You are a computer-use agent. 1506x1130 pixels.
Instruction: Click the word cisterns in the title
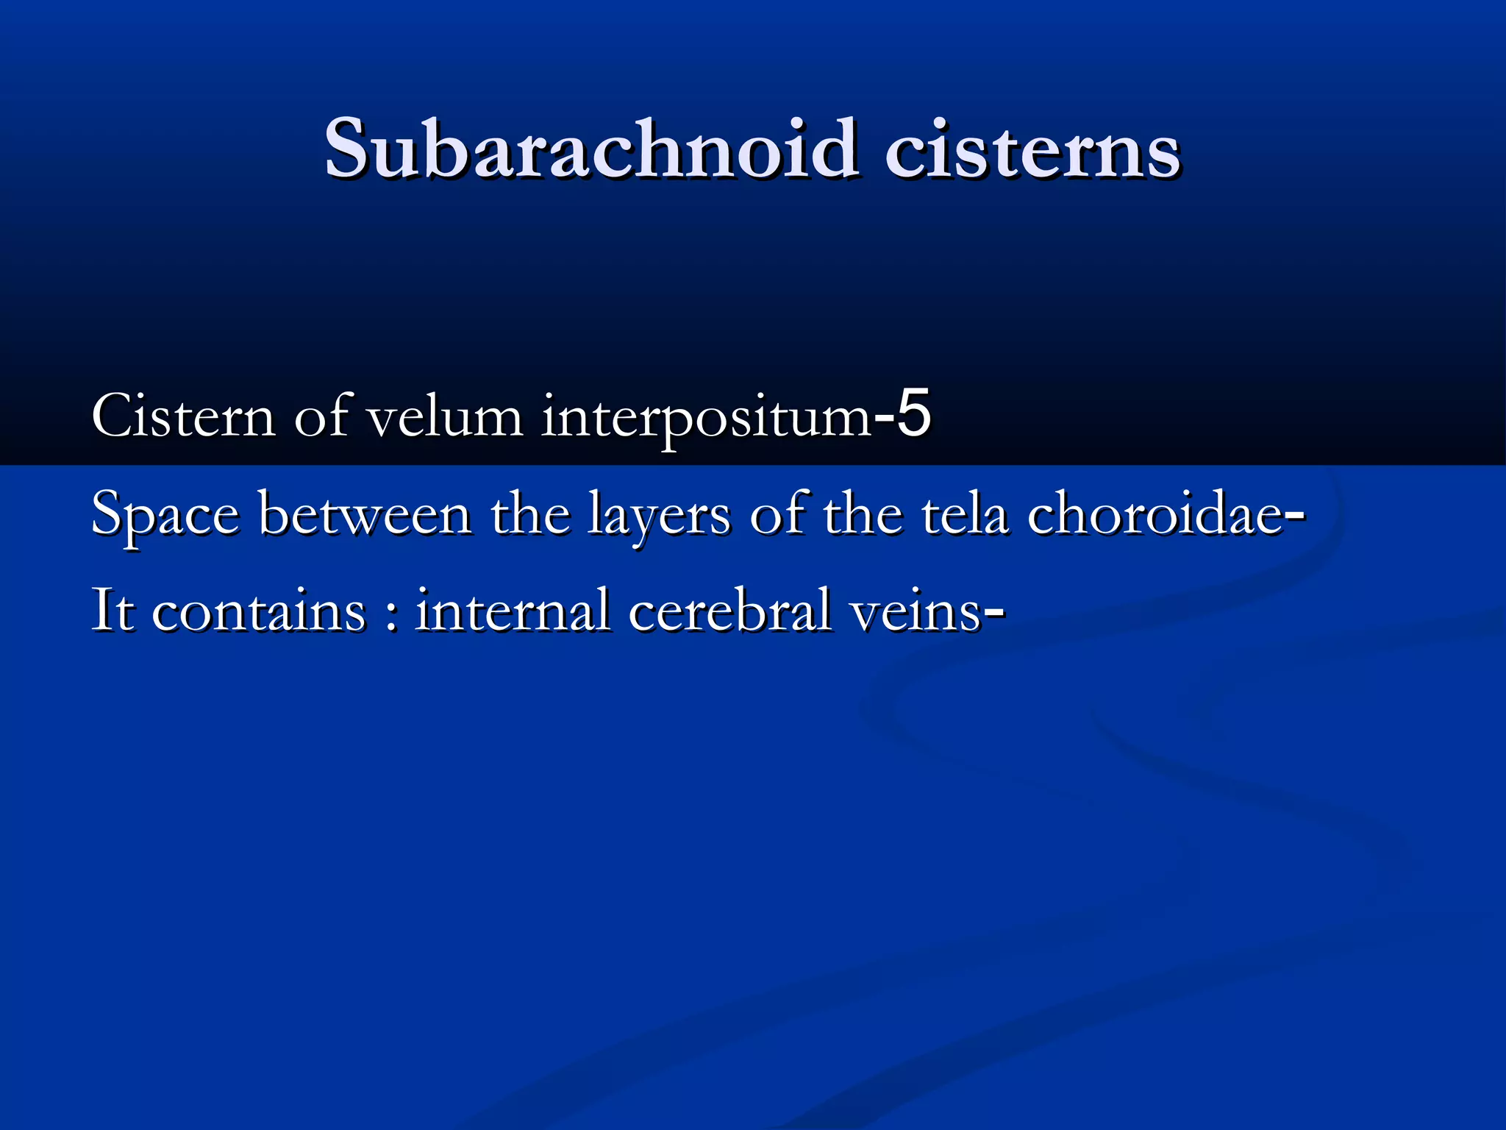pos(1032,151)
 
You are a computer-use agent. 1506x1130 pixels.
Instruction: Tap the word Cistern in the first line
pos(183,416)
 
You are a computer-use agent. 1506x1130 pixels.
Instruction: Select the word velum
pos(445,416)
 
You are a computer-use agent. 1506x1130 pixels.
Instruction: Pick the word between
pos(365,514)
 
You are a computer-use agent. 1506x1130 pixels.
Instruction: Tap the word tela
pos(964,514)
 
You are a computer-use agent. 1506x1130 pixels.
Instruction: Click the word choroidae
pos(1155,514)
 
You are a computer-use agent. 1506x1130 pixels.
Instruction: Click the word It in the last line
pos(113,610)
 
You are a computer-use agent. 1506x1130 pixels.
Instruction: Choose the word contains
pos(258,611)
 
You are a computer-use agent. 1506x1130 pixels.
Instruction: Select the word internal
pos(512,610)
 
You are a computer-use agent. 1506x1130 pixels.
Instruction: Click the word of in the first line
pos(321,415)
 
